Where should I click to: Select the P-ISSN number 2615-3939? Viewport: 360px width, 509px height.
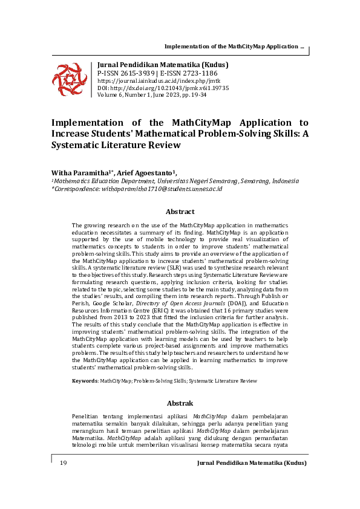(134, 73)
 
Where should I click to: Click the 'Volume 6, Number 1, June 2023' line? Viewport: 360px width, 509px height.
(151, 95)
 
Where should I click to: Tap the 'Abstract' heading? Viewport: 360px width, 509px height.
(180, 212)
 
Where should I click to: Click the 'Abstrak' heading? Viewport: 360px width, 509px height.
(180, 403)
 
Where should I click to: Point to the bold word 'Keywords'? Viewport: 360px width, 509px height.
(84, 381)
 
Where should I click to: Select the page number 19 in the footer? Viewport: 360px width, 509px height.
(63, 463)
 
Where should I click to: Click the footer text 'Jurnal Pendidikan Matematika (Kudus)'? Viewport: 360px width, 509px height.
(252, 463)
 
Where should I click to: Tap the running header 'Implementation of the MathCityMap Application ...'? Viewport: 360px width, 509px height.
(234, 47)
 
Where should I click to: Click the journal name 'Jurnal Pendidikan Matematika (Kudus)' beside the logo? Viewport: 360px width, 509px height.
(163, 65)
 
